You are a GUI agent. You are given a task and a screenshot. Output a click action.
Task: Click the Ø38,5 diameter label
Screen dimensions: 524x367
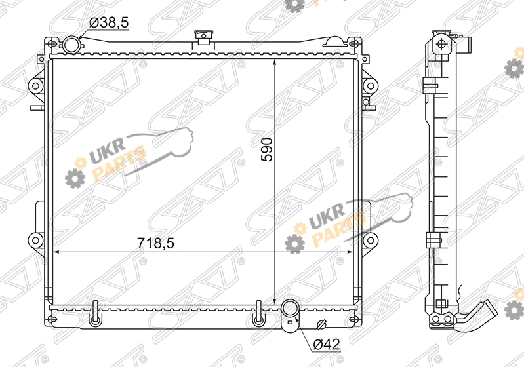(110, 23)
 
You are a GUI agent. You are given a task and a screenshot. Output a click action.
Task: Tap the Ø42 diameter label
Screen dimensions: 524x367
(327, 344)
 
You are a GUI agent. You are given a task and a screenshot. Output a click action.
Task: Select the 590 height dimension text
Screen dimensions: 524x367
(267, 149)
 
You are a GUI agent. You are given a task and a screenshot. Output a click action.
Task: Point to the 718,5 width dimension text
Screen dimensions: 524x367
(155, 242)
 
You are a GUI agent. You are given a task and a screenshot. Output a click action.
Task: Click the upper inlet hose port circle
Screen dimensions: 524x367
(71, 45)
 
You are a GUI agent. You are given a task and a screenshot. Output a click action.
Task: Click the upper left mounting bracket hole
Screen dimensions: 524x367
(36, 86)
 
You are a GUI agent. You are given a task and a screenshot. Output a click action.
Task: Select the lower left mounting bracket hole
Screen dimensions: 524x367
(35, 240)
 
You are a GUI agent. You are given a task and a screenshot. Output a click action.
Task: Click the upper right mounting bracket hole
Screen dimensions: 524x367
(371, 86)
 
